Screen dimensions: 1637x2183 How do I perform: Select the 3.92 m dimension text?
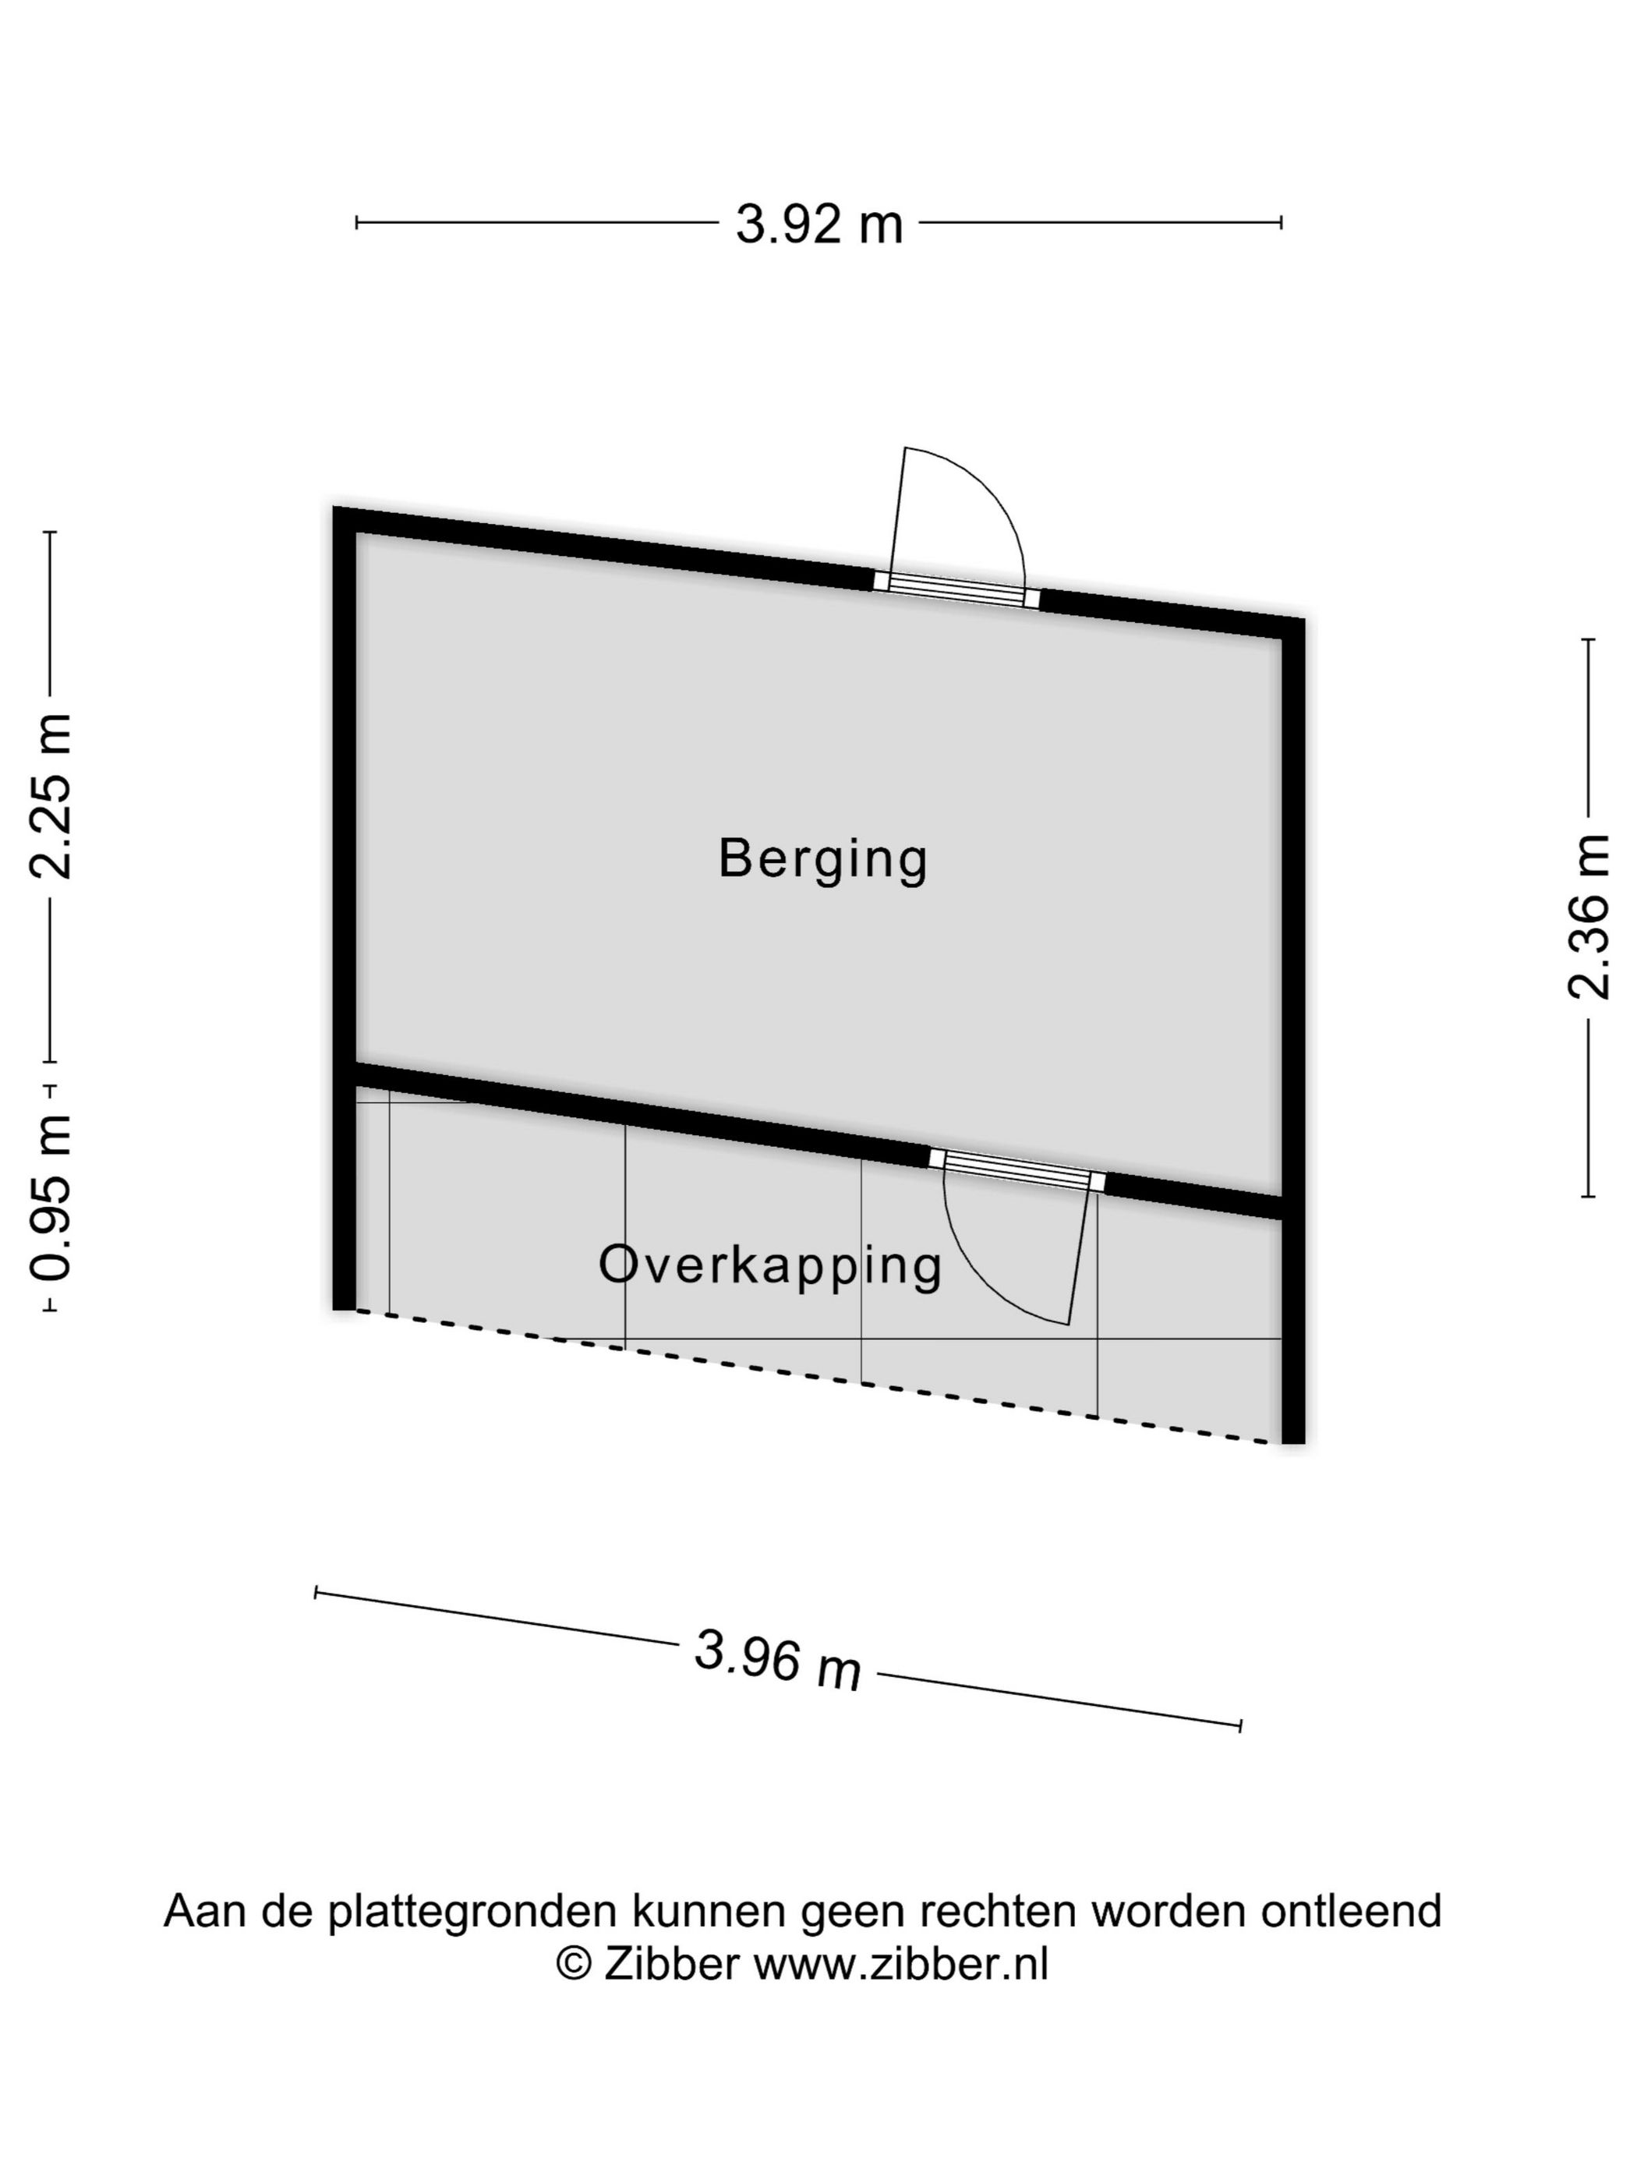tap(819, 224)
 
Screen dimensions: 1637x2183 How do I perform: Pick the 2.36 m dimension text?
tap(1588, 918)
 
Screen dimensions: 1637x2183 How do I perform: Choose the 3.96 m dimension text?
tap(777, 1660)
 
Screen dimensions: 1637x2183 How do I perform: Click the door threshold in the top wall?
tap(956, 590)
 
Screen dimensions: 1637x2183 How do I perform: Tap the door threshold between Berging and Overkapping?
tap(1017, 1169)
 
